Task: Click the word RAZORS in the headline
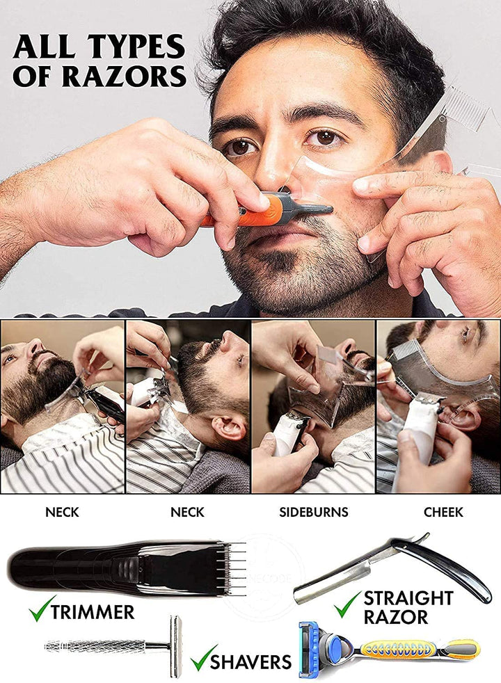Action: coord(125,75)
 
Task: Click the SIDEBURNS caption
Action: coord(313,513)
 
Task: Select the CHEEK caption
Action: coord(443,513)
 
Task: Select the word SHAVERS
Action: coord(250,661)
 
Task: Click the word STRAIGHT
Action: coord(408,597)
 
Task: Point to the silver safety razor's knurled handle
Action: coord(97,645)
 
